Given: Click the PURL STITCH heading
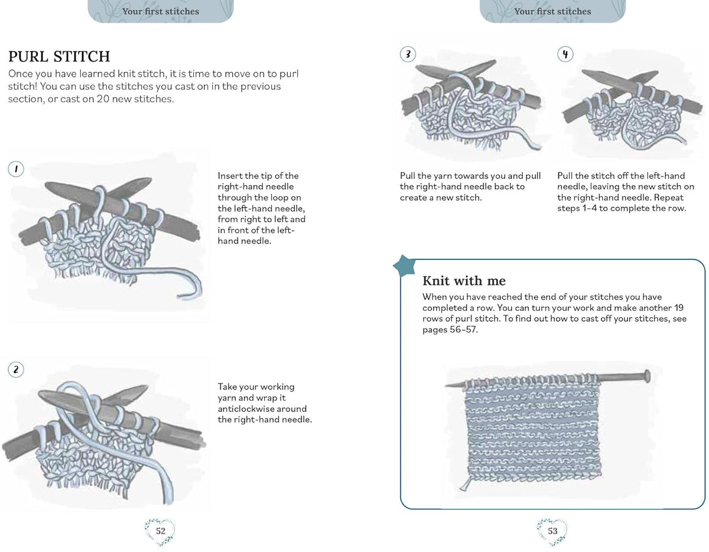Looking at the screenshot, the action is (x=59, y=56).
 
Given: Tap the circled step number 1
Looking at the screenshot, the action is (x=16, y=169).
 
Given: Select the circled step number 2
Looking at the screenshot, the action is (x=16, y=369).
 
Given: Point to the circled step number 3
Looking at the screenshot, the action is (x=408, y=54).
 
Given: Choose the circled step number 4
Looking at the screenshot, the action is (x=565, y=54).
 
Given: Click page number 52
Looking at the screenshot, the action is (x=161, y=531).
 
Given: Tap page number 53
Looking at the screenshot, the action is (x=552, y=531).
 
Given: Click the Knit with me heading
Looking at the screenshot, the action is (x=464, y=281).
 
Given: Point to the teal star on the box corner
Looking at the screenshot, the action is (x=404, y=265).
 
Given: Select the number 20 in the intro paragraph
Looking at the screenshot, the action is (x=103, y=99).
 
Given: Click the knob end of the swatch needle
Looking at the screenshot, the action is (x=647, y=376).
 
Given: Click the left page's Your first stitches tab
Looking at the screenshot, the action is (x=161, y=11).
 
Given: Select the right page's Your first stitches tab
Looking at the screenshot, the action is (x=552, y=11).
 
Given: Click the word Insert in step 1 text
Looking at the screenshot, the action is (x=230, y=176).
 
